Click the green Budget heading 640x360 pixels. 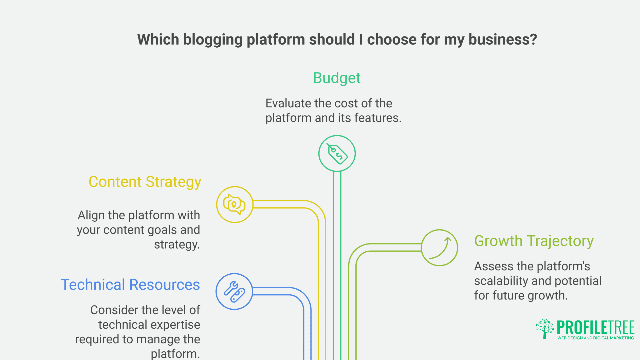pyautogui.click(x=337, y=78)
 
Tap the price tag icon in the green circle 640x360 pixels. pyautogui.click(x=337, y=154)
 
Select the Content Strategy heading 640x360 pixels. pyautogui.click(x=145, y=182)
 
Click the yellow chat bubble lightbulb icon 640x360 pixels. pyautogui.click(x=234, y=205)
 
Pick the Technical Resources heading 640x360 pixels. pyautogui.click(x=130, y=285)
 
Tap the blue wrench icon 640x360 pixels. pyautogui.click(x=234, y=292)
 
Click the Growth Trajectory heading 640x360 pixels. pyautogui.click(x=534, y=241)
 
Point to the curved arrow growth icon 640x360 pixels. pyautogui.click(x=439, y=248)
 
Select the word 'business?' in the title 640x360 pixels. pyautogui.click(x=503, y=40)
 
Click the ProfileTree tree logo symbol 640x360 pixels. pyautogui.click(x=545, y=329)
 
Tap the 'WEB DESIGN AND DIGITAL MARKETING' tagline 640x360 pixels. pyautogui.click(x=596, y=338)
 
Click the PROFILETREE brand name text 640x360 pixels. pyautogui.click(x=596, y=327)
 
